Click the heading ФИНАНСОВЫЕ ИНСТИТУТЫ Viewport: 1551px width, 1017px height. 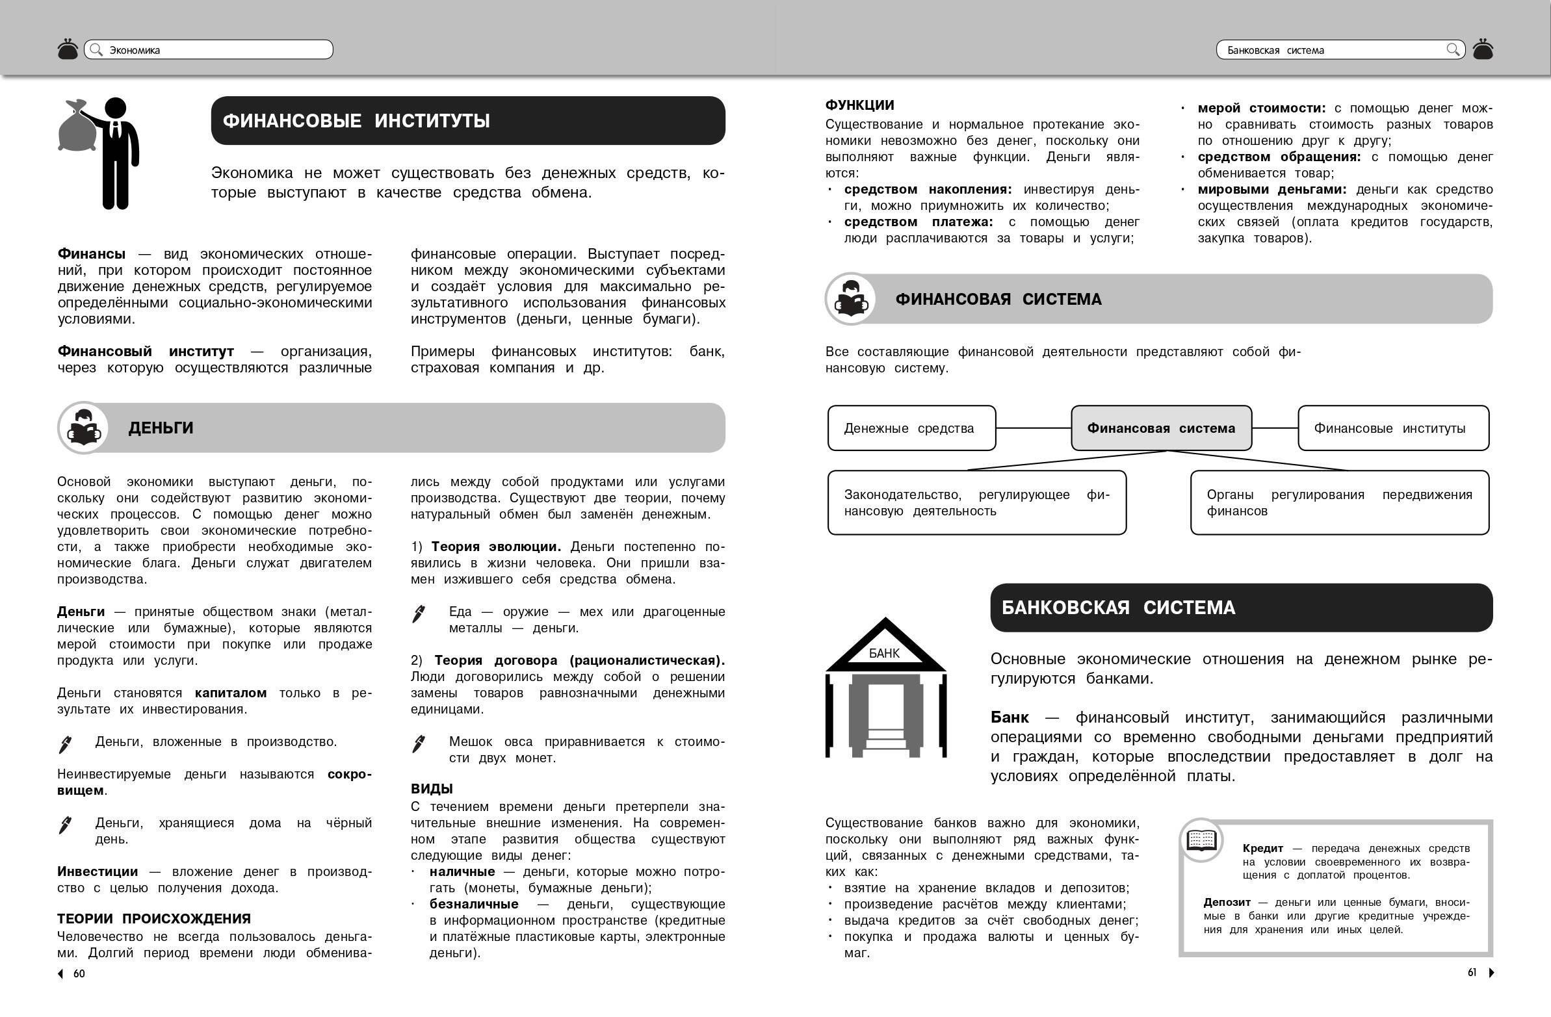[356, 121]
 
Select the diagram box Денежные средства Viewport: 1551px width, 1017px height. [911, 428]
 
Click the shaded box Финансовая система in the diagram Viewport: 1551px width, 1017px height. [1160, 428]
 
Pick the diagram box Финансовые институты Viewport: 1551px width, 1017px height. [1392, 428]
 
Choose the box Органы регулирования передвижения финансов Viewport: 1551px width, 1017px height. [1338, 502]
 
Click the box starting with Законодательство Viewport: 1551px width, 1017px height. [976, 502]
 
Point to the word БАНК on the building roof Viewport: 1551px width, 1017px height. [883, 653]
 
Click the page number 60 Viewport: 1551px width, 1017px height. [79, 973]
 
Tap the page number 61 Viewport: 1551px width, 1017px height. [1472, 972]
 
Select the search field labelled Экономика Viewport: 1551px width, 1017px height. [209, 50]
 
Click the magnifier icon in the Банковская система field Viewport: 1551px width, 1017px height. [1453, 49]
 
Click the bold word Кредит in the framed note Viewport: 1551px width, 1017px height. [1262, 848]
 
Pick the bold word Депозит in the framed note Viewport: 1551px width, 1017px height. [1227, 903]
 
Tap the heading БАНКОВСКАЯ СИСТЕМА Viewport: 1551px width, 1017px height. [1117, 607]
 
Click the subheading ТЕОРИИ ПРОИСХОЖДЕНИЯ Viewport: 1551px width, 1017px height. [154, 919]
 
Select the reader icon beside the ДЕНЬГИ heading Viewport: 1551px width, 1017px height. [84, 428]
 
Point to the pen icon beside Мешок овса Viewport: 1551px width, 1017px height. [419, 743]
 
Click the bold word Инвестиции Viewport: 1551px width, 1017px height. [98, 871]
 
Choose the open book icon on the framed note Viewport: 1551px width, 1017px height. [1201, 840]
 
